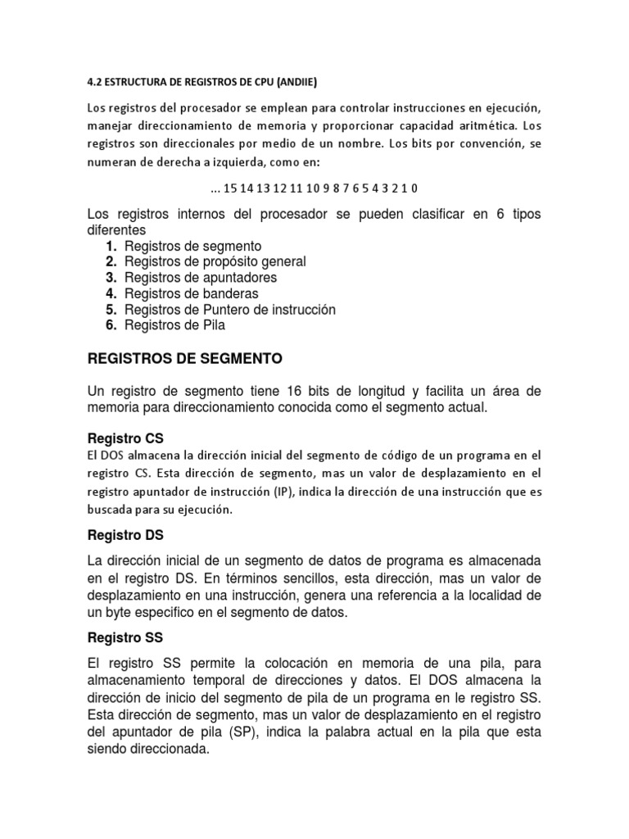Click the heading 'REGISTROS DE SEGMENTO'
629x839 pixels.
coord(184,358)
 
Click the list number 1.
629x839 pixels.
coord(111,246)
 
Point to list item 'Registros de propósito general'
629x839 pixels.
coord(215,261)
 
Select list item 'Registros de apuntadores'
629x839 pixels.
coord(201,278)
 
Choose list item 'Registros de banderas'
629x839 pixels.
coord(191,293)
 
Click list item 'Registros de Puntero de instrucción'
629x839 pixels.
coord(230,310)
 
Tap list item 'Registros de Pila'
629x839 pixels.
coord(174,325)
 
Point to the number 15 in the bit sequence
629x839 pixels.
coord(229,188)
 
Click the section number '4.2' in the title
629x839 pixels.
coord(96,81)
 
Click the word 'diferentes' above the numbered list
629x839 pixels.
coord(116,230)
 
